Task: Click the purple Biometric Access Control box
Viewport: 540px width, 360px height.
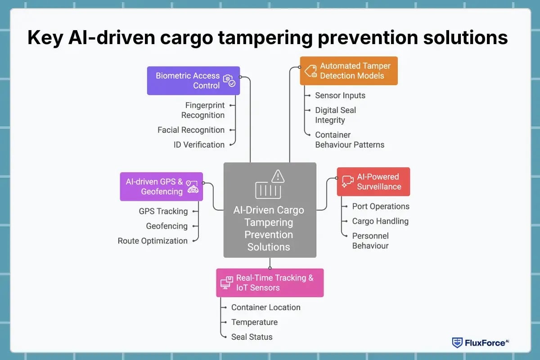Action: (x=193, y=81)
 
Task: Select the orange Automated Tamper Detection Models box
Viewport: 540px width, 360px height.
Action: (x=349, y=71)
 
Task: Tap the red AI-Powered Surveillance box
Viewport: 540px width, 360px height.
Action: (x=373, y=181)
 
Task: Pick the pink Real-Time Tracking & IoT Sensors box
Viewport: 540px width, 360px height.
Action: (x=270, y=283)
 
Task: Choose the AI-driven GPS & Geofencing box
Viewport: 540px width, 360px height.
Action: (x=161, y=186)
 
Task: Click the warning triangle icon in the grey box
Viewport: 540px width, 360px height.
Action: (x=278, y=176)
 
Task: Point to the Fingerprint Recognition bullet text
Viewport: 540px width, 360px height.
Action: (x=203, y=110)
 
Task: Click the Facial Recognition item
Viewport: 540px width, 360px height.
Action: (x=191, y=130)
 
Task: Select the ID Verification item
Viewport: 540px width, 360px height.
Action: (x=199, y=145)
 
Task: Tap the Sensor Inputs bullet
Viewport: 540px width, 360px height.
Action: (x=340, y=95)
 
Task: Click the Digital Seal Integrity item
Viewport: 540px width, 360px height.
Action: (x=335, y=115)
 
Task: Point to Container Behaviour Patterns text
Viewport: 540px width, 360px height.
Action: (x=349, y=140)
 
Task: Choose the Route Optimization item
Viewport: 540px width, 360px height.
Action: (x=153, y=241)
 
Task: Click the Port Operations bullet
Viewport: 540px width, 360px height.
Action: (x=380, y=207)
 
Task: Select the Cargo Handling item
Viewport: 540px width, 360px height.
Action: (x=380, y=221)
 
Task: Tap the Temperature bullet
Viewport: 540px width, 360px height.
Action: (x=254, y=322)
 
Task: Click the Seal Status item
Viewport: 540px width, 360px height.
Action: (x=252, y=337)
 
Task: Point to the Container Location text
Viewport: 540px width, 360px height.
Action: (x=265, y=307)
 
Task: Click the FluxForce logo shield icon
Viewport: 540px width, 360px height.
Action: (x=457, y=342)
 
